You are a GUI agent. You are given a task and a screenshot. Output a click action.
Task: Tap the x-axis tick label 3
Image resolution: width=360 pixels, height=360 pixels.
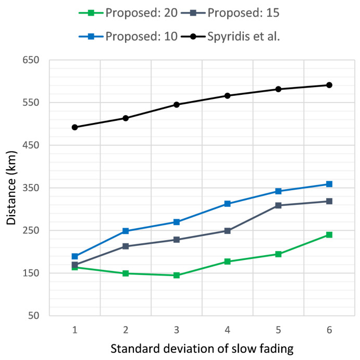[177, 330]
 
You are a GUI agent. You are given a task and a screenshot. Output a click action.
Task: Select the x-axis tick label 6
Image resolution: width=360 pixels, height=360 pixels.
[329, 330]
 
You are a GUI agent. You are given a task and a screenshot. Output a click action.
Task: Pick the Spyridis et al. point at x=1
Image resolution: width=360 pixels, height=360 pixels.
[75, 127]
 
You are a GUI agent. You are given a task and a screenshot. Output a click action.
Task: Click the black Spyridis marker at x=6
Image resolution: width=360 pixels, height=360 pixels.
[329, 85]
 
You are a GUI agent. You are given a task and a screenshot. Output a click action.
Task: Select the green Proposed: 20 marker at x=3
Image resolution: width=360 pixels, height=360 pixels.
[177, 275]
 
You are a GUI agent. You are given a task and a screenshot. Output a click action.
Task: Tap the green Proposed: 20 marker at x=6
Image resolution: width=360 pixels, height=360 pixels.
[329, 235]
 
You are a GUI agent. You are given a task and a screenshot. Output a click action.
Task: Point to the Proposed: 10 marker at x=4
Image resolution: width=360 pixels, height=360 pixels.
[228, 204]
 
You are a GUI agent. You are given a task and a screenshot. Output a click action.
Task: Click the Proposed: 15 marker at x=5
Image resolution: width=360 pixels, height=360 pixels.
[278, 205]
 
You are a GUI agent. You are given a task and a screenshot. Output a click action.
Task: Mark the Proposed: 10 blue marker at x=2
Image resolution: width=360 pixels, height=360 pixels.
[126, 231]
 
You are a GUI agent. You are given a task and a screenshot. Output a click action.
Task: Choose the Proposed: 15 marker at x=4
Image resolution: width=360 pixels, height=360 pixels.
[228, 231]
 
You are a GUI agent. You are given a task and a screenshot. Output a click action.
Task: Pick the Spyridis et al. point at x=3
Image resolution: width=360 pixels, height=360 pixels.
[177, 105]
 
